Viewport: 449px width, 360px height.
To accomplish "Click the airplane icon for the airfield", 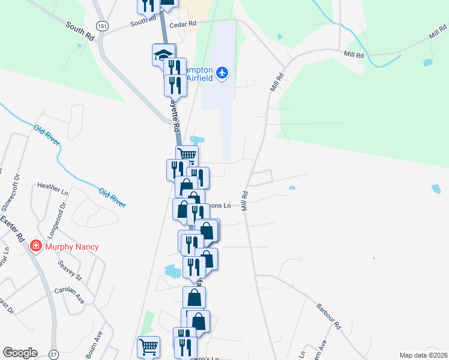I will pyautogui.click(x=223, y=73).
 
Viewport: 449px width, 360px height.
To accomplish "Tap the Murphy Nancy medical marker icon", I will pyautogui.click(x=36, y=247).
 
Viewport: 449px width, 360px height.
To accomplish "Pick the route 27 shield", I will pyautogui.click(x=54, y=355).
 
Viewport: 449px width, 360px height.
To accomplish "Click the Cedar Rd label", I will pyautogui.click(x=183, y=25).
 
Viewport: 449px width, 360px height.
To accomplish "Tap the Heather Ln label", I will pyautogui.click(x=53, y=187).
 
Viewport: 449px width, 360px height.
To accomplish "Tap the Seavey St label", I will pyautogui.click(x=70, y=269).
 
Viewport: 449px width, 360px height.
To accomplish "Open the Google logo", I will pyautogui.click(x=20, y=353).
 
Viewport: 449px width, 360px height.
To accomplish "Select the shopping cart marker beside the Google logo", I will pyautogui.click(x=149, y=346).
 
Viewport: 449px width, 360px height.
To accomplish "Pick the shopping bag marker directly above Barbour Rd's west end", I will pyautogui.click(x=194, y=296).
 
